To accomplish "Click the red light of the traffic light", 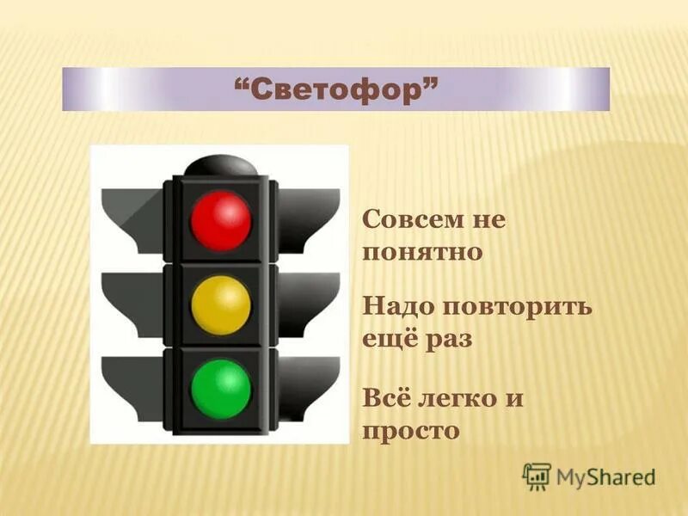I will tap(221, 220).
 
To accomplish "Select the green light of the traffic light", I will tap(221, 389).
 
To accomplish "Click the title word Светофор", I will tap(335, 89).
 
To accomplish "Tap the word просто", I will tap(411, 430).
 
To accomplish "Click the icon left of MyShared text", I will tap(536, 476).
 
